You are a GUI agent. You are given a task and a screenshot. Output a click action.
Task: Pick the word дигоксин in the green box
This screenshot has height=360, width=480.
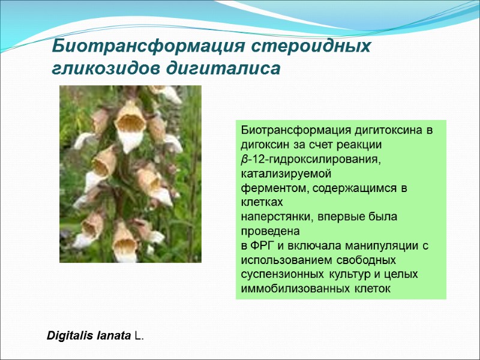[263, 145]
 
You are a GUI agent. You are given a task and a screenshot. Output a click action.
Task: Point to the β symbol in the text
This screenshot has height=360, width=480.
[244, 160]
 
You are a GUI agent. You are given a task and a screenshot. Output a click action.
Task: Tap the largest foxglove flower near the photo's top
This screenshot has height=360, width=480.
[130, 123]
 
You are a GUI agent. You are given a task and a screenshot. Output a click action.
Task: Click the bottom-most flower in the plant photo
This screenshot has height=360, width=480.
[125, 243]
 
